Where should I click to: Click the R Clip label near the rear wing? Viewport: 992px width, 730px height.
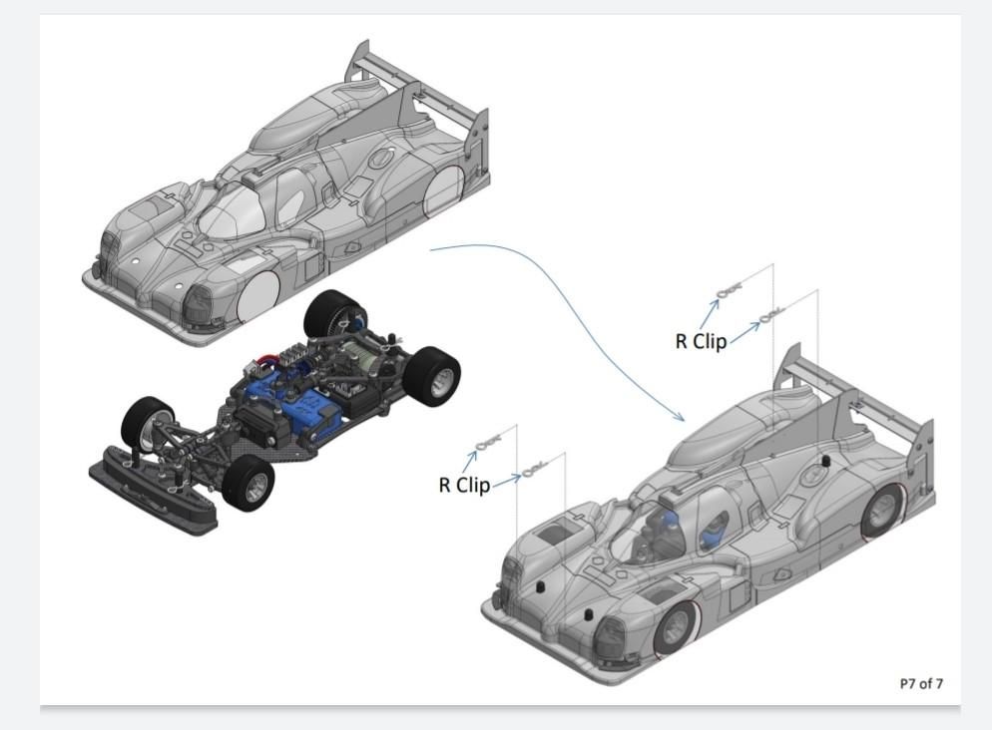coord(702,341)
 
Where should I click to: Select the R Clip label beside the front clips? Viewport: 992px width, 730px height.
coord(465,485)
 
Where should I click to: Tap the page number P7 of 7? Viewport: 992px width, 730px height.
coord(920,683)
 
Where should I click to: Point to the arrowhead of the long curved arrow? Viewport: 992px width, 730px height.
coord(683,419)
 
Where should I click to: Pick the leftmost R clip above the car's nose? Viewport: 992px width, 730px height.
coord(488,445)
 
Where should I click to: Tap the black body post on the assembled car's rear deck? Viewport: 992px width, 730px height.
coord(826,461)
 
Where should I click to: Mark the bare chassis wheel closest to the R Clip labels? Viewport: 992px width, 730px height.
coord(433,374)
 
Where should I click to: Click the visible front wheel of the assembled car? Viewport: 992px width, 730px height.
coord(676,628)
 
